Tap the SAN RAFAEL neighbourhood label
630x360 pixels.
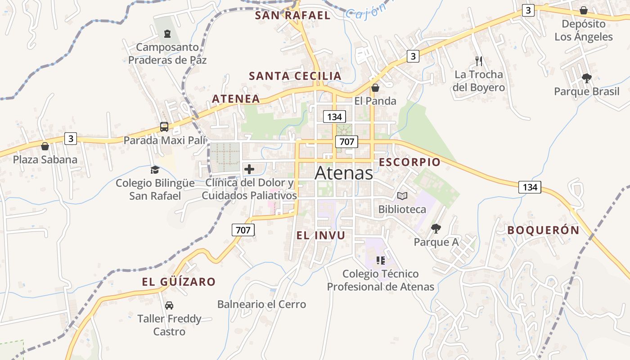coord(292,15)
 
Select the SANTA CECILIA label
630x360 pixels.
coord(295,76)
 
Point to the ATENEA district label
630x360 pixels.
coord(236,99)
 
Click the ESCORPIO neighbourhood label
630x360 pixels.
coord(409,162)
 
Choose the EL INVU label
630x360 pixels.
coord(321,235)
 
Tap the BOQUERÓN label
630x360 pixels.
coord(543,230)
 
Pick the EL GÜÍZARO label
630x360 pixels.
coord(179,282)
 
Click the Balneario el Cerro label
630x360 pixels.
coord(261,304)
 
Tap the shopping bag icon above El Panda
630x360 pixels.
coord(375,88)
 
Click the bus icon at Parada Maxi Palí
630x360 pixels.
coord(164,127)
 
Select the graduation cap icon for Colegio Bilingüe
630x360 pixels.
coord(155,170)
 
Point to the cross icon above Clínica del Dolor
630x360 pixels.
coord(249,169)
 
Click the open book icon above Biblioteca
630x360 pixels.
coord(402,196)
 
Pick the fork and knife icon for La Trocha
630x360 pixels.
coord(479,61)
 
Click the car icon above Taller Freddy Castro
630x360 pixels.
coord(169,306)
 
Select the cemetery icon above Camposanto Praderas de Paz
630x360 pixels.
coord(167,34)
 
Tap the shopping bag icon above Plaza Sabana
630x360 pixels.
coord(45,146)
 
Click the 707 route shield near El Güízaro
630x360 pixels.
coord(243,230)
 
